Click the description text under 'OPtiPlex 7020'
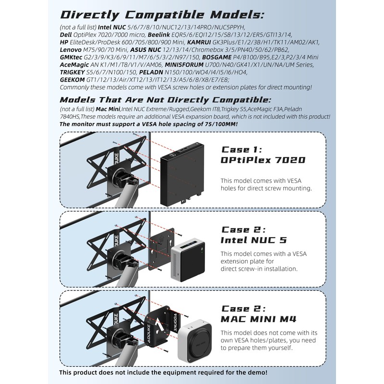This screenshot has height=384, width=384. click(x=266, y=184)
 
